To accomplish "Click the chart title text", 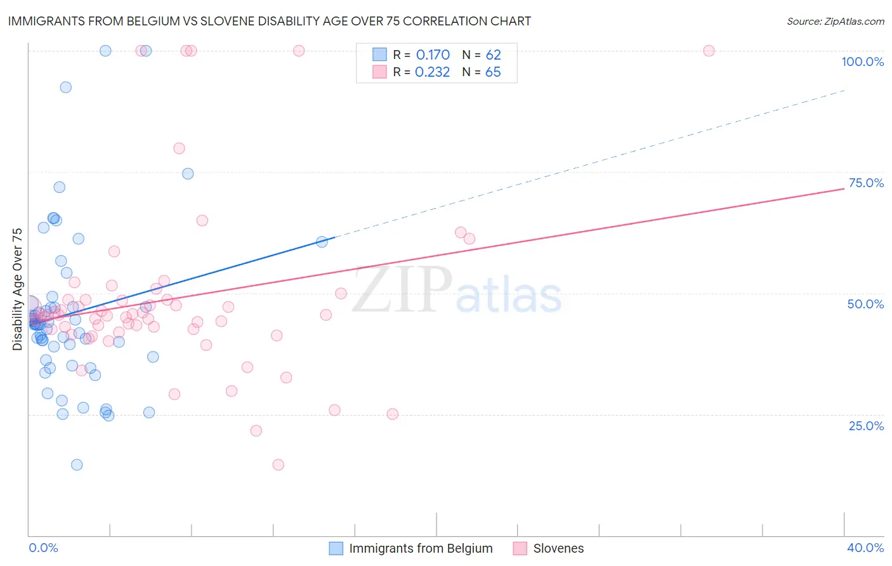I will [x=268, y=21].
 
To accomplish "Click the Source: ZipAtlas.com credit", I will [x=835, y=21].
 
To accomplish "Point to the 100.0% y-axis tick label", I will [x=862, y=62].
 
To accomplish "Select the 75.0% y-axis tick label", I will [x=866, y=183].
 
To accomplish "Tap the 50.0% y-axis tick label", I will [x=865, y=304].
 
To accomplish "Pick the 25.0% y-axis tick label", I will [x=866, y=425].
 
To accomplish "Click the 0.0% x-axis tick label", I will [x=43, y=548].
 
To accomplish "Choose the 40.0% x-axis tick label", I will [x=865, y=548].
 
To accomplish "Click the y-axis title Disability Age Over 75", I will [x=18, y=289].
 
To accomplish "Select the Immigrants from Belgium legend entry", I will [x=420, y=548].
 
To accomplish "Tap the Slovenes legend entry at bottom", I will [x=558, y=548].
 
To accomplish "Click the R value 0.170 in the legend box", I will [x=433, y=55].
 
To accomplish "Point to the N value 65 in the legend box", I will [x=493, y=72].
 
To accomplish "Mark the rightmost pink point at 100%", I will [x=709, y=51].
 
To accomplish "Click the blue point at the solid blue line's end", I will [x=322, y=242].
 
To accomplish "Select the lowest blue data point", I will [x=77, y=464].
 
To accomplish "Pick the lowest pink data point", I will [x=278, y=464].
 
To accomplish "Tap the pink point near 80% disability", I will [x=179, y=148].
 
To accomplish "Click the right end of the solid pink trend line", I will [x=844, y=188].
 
